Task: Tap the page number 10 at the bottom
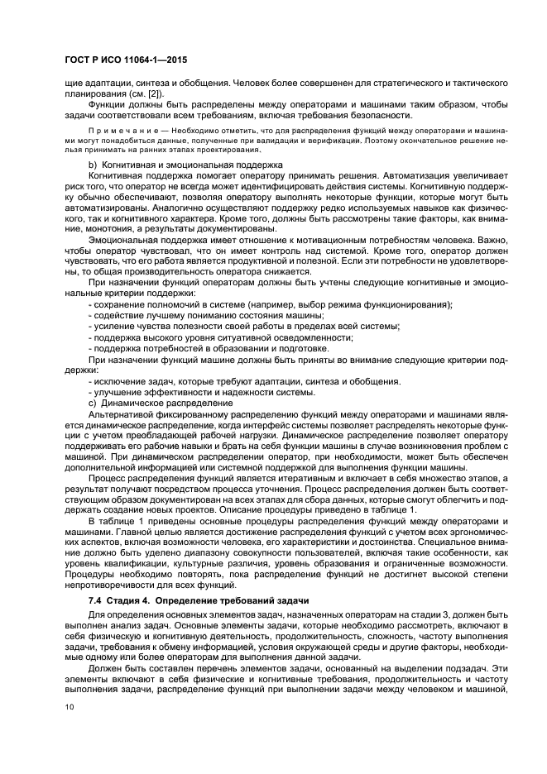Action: tap(69, 706)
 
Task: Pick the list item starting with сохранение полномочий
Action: tap(270, 304)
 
